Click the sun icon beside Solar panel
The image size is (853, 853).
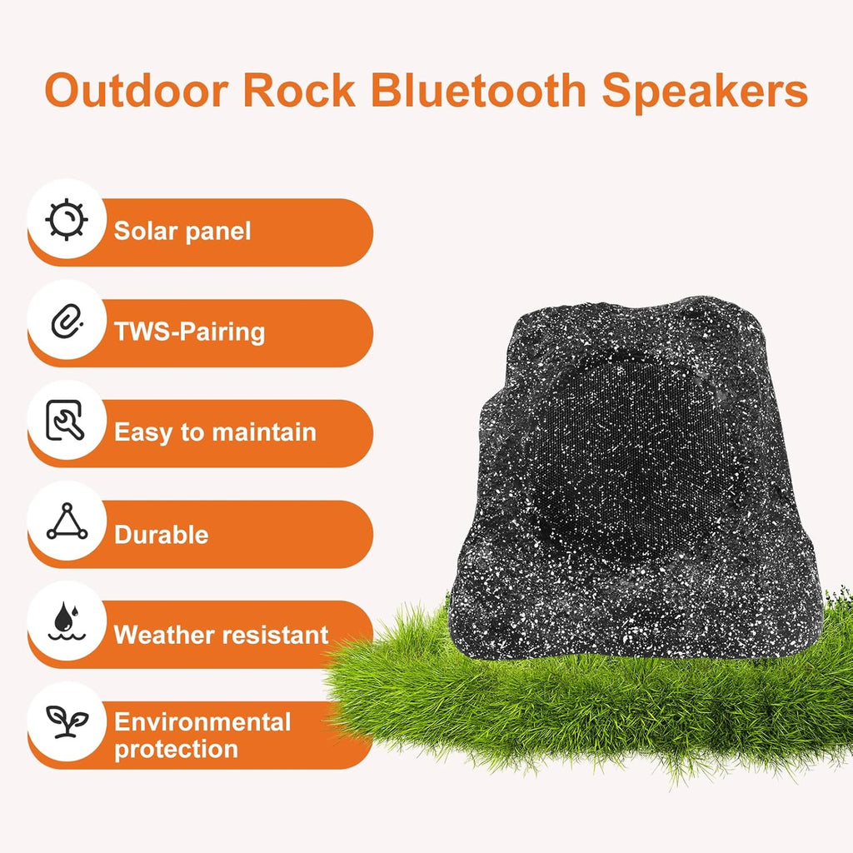pyautogui.click(x=67, y=220)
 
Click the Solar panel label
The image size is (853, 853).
pyautogui.click(x=182, y=231)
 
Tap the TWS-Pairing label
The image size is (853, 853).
pyautogui.click(x=189, y=332)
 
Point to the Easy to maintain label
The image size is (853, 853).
pyautogui.click(x=215, y=432)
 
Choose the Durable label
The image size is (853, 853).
pyautogui.click(x=161, y=534)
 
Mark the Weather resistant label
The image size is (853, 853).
pyautogui.click(x=222, y=635)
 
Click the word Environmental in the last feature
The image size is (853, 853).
pyautogui.click(x=202, y=721)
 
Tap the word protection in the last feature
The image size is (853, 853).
pyautogui.click(x=176, y=748)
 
